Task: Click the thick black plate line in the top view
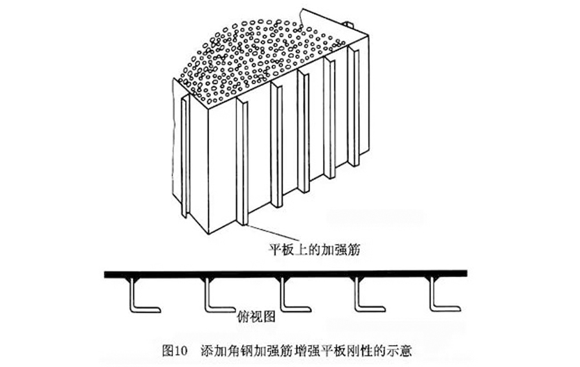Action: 285,274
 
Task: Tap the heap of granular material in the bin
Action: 259,58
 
